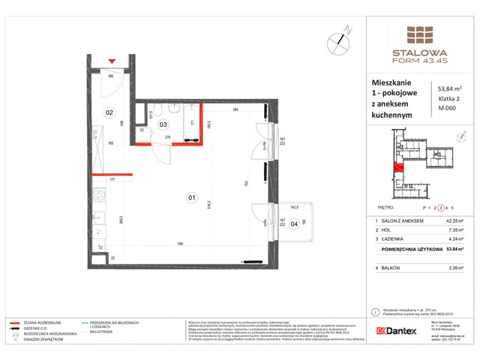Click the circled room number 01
191,198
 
